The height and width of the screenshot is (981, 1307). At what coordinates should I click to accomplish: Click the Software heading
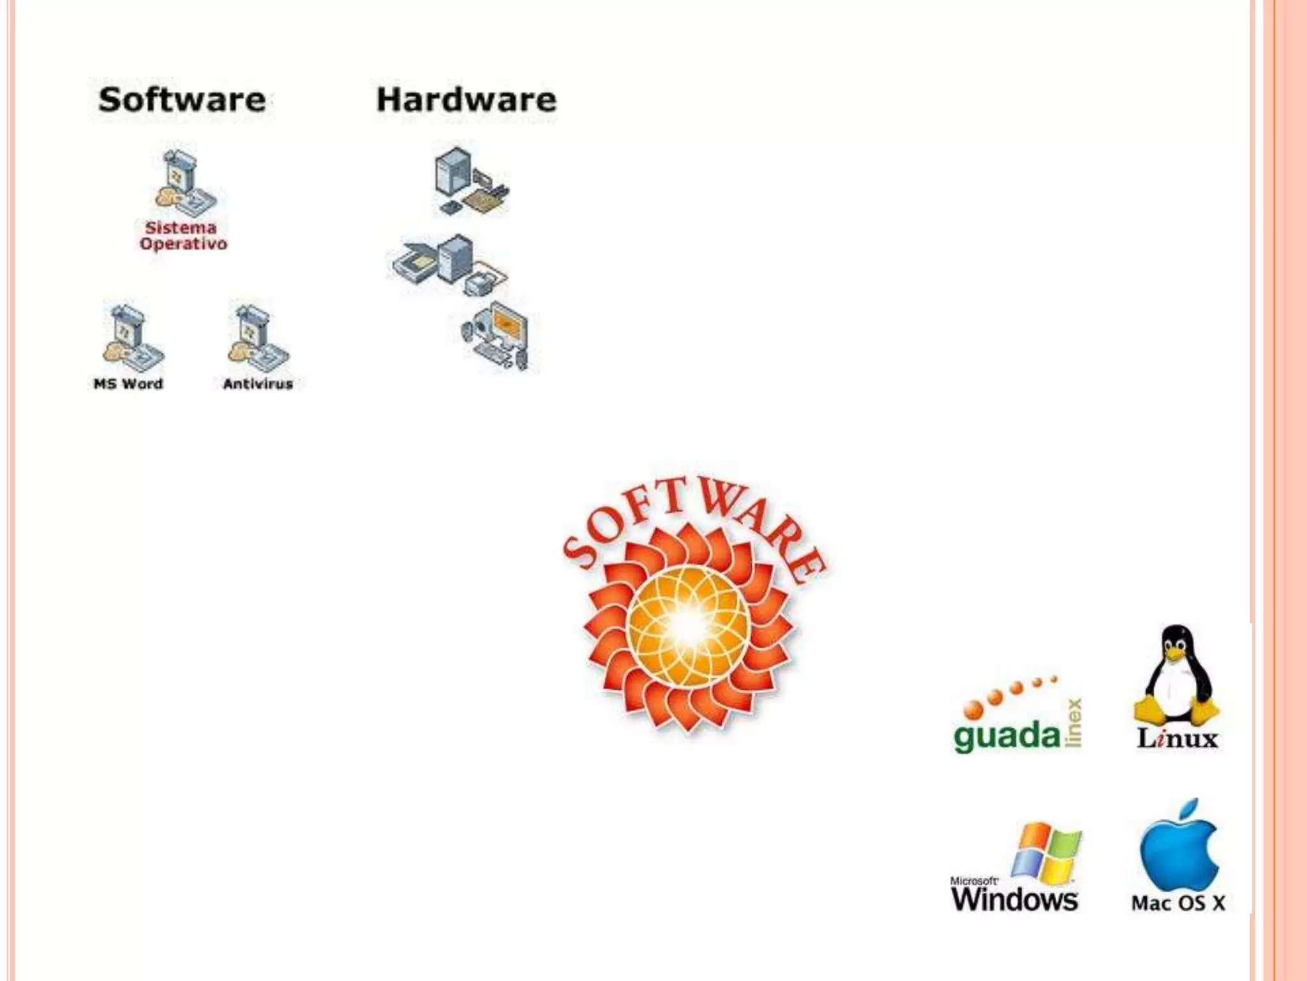pyautogui.click(x=182, y=100)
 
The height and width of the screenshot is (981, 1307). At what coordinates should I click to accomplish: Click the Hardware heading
pyautogui.click(x=467, y=100)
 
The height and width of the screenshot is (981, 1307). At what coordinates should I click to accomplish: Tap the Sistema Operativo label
pyautogui.click(x=183, y=236)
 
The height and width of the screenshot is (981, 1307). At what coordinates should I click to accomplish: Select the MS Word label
pyautogui.click(x=128, y=384)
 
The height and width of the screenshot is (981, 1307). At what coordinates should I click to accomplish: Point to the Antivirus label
pyautogui.click(x=258, y=384)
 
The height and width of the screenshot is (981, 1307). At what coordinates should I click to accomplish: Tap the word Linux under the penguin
pyautogui.click(x=1177, y=739)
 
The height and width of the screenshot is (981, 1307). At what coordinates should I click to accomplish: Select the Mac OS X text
pyautogui.click(x=1178, y=903)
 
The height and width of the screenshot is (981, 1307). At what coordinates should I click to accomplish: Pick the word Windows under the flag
pyautogui.click(x=1015, y=899)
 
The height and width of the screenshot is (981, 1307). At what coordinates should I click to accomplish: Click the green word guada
pyautogui.click(x=1006, y=736)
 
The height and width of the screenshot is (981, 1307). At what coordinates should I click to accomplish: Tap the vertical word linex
pyautogui.click(x=1074, y=722)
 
